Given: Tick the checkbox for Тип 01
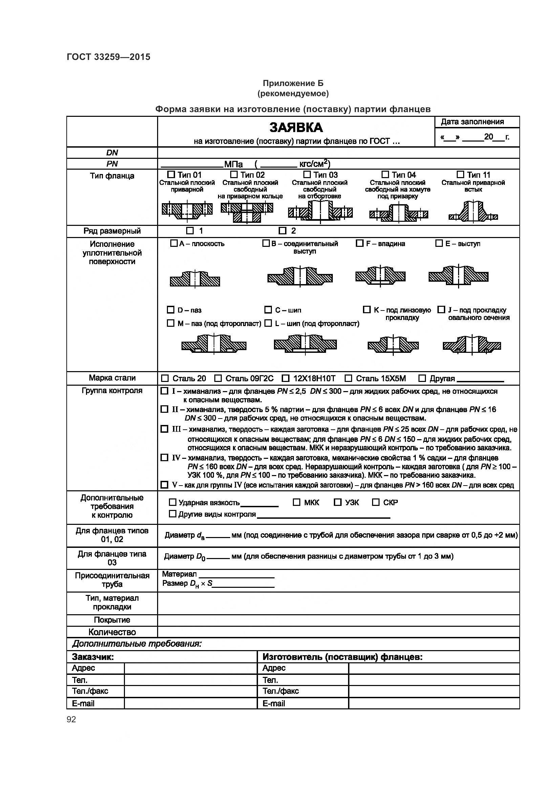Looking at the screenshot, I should (x=171, y=174).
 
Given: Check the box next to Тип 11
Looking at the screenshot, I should (x=460, y=174).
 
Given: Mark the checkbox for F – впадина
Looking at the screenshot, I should (x=359, y=243).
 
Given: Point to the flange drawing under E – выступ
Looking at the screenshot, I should (x=458, y=276).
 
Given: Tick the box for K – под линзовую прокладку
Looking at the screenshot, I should (x=367, y=309).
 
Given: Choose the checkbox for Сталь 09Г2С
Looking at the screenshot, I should (x=218, y=379).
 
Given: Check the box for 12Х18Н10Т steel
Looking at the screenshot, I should (x=285, y=379).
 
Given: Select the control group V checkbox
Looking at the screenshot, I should (x=165, y=485).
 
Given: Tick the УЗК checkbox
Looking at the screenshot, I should (x=338, y=502).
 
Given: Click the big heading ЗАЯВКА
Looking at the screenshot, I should (x=296, y=128).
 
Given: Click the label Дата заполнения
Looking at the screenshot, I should (x=472, y=122).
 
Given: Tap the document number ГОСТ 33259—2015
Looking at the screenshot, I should (x=109, y=57).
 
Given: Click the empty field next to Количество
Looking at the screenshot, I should (x=338, y=632).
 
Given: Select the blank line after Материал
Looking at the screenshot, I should (x=237, y=574).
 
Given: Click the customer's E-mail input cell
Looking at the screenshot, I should (x=190, y=703).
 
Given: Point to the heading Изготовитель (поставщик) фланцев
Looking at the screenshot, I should (x=342, y=657).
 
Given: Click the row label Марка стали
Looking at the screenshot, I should (x=112, y=378).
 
